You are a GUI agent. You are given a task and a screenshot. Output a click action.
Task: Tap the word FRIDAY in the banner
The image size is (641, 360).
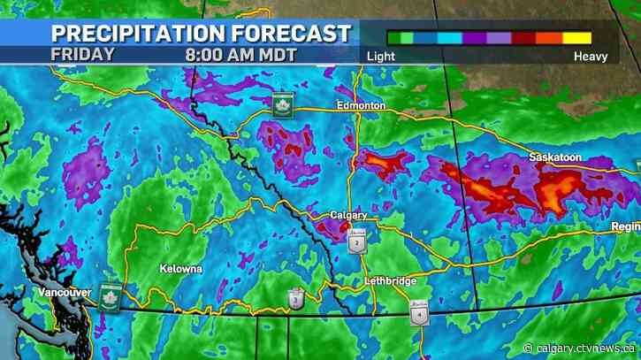pyautogui.click(x=82, y=53)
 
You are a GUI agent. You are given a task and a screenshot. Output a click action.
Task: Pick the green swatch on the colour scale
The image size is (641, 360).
pyautogui.click(x=402, y=37)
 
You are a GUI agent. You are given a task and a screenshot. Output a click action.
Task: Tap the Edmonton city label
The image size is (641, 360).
pyautogui.click(x=361, y=105)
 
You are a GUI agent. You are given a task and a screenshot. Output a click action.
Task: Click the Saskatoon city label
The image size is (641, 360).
pyautogui.click(x=555, y=157)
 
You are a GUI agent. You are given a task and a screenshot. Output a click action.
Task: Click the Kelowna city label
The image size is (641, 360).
pyautogui.click(x=181, y=267)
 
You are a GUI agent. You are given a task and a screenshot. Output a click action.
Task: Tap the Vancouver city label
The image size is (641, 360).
pyautogui.click(x=65, y=291)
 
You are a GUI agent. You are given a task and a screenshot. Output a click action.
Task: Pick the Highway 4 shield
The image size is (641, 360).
pyautogui.click(x=418, y=314)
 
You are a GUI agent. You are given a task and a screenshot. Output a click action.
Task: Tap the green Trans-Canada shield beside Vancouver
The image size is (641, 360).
pyautogui.click(x=110, y=294)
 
